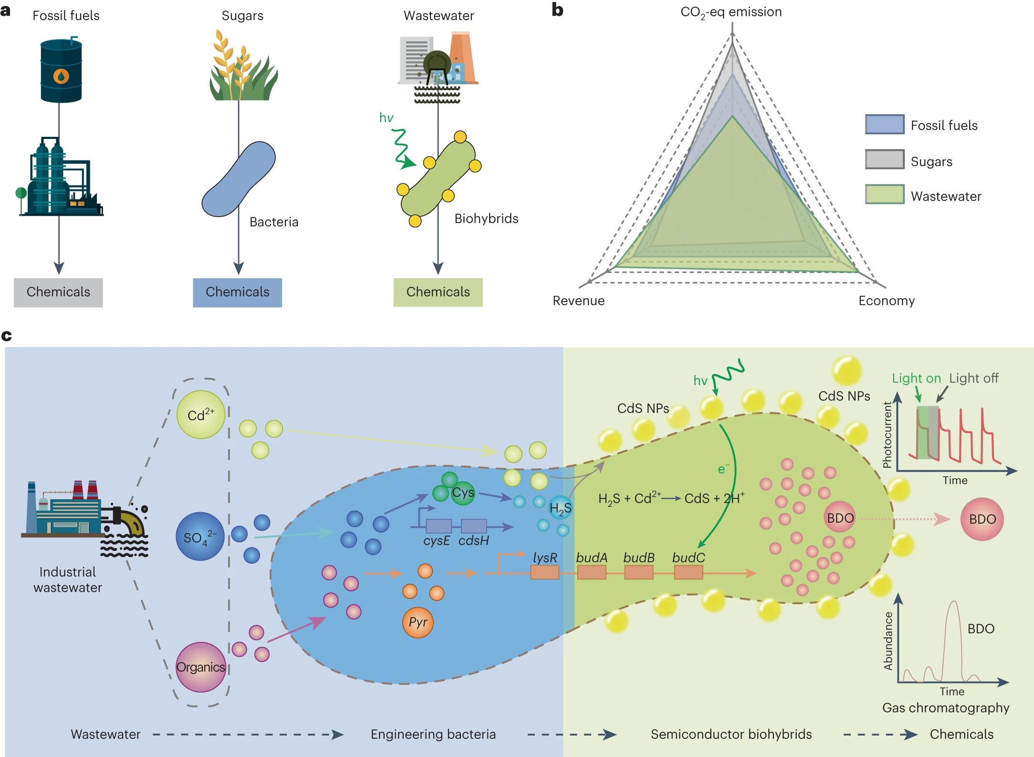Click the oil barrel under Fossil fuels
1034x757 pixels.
point(61,72)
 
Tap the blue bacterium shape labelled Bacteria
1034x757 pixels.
point(239,179)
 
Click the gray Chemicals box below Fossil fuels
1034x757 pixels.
point(58,292)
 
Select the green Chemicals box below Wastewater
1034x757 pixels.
point(438,292)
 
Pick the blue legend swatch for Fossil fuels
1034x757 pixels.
point(884,125)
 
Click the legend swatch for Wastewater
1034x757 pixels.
point(884,195)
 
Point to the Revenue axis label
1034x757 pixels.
point(578,301)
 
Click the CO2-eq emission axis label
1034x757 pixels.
point(731,12)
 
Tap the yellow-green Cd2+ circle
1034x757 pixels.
point(200,415)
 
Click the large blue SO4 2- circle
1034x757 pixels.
point(200,536)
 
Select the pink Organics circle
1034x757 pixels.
point(200,667)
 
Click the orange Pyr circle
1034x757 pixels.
point(418,622)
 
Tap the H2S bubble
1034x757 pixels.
point(560,508)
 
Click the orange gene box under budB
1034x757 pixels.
point(638,572)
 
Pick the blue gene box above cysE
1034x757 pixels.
point(439,526)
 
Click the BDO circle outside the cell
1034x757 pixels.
point(982,519)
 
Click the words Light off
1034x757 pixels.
point(973,378)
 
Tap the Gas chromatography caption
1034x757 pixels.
point(945,708)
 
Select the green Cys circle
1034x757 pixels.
point(462,493)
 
